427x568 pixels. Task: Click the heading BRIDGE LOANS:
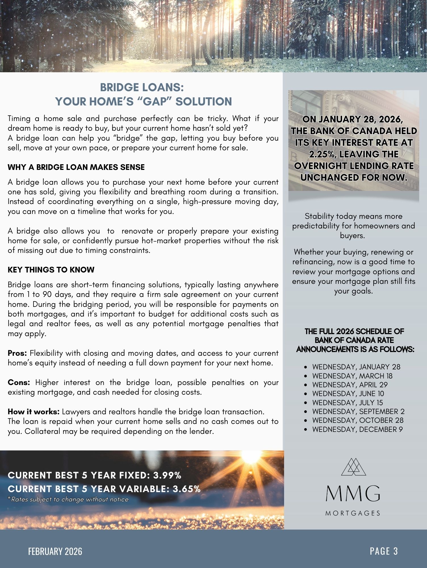tap(142, 88)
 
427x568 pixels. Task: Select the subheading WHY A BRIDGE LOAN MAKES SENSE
tap(76, 167)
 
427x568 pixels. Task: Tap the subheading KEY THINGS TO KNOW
tap(51, 270)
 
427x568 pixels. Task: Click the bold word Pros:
tap(17, 353)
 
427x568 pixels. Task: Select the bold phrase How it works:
tap(34, 412)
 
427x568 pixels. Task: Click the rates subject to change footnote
tap(68, 500)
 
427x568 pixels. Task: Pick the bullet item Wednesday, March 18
tap(352, 376)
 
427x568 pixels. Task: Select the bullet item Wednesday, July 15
tap(347, 403)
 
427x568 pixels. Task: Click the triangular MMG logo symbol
tap(353, 467)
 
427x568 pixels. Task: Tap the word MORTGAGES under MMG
tap(353, 513)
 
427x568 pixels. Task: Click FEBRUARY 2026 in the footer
tap(55, 552)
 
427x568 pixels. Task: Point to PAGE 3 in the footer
tap(384, 551)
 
